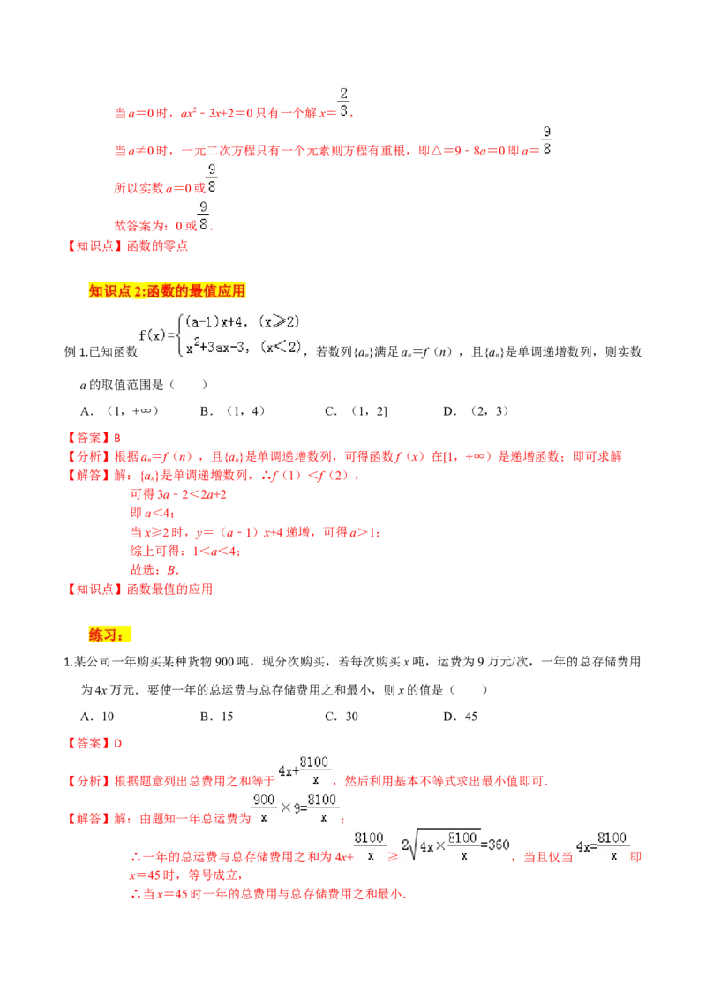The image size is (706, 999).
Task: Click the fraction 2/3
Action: (342, 102)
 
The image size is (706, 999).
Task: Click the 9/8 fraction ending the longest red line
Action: (546, 139)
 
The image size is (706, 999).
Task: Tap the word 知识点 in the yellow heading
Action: (109, 289)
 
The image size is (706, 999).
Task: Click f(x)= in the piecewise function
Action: (156, 335)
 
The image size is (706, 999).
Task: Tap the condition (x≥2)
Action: (279, 323)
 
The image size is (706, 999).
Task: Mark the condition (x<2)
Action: (280, 348)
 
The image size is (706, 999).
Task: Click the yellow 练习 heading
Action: (109, 635)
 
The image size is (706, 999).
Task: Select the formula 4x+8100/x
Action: (304, 770)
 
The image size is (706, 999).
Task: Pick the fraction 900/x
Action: (264, 807)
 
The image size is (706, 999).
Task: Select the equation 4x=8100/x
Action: (603, 846)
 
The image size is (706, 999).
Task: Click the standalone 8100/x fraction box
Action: (370, 846)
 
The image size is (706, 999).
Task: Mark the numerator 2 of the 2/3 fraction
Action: (342, 94)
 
